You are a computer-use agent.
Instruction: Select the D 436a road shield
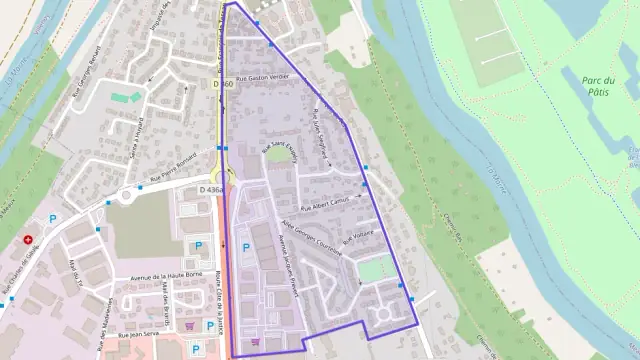point(211,189)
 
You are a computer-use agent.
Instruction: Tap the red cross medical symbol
point(28,240)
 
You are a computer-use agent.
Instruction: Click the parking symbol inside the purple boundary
point(246,247)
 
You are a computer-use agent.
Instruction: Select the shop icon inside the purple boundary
point(256,341)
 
